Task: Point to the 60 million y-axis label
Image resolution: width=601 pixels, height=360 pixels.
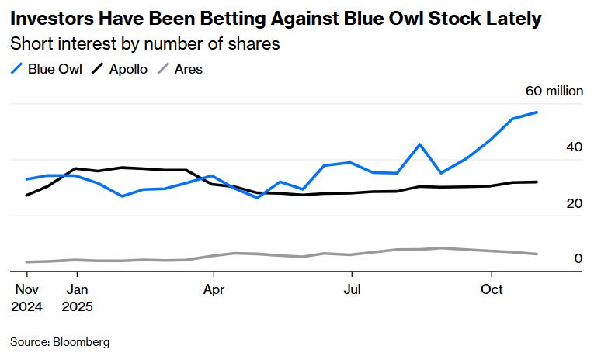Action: [554, 91]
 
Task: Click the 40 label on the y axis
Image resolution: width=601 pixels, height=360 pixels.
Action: [575, 147]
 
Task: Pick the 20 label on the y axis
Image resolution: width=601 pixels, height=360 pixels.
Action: [575, 202]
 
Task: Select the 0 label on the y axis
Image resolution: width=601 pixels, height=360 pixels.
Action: [578, 258]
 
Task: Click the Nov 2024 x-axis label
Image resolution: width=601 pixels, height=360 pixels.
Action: [26, 297]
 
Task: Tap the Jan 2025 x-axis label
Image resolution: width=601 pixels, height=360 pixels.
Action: [76, 297]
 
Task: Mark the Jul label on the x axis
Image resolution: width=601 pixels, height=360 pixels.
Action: [352, 289]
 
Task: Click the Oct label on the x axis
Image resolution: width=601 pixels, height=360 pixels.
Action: [492, 289]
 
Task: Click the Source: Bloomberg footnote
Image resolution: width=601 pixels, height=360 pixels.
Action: [60, 341]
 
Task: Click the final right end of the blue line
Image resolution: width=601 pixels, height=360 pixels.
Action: [537, 112]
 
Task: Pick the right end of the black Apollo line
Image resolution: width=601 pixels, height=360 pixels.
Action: [537, 182]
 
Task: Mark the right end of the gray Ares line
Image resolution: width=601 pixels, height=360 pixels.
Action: [537, 254]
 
